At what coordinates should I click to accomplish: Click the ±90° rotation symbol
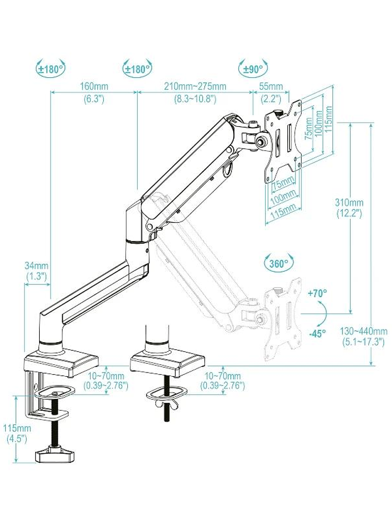pos(253,68)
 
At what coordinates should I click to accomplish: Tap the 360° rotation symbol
pos(278,263)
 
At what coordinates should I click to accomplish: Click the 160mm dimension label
pos(93,86)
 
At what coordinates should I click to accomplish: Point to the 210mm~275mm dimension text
pos(195,86)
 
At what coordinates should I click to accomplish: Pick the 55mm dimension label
pos(271,86)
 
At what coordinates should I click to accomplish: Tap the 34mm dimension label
pos(37,266)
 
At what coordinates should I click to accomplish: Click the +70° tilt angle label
pos(317,293)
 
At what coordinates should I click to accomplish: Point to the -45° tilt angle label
pos(317,333)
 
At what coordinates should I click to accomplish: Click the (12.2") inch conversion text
pos(349,212)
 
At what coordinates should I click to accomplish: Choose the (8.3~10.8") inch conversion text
pos(195,98)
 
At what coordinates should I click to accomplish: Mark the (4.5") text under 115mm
pos(17,439)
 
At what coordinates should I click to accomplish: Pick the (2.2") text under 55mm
pos(271,98)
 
